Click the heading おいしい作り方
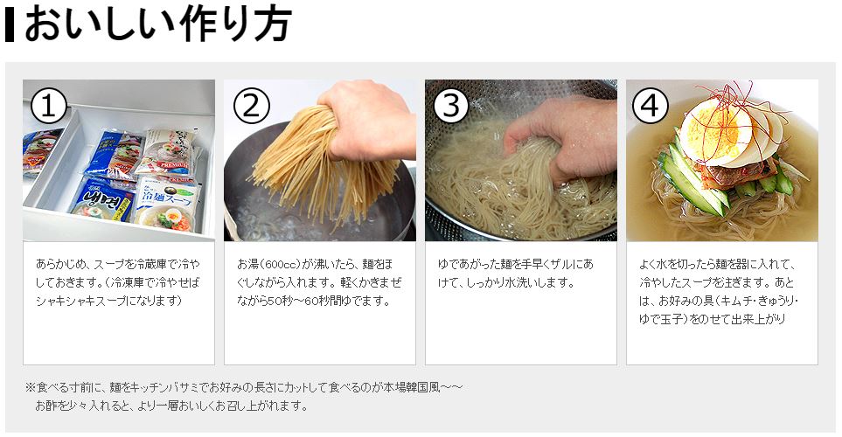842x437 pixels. tap(158, 24)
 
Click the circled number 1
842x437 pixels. tap(48, 106)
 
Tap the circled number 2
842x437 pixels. tap(251, 106)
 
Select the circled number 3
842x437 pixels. tap(451, 106)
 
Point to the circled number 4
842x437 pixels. tap(651, 106)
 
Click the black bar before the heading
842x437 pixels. tap(10, 26)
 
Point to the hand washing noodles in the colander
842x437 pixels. tap(559, 140)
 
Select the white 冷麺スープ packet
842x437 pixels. tap(167, 204)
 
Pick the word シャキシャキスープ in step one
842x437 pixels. tap(85, 302)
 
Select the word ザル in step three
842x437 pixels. tap(560, 265)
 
